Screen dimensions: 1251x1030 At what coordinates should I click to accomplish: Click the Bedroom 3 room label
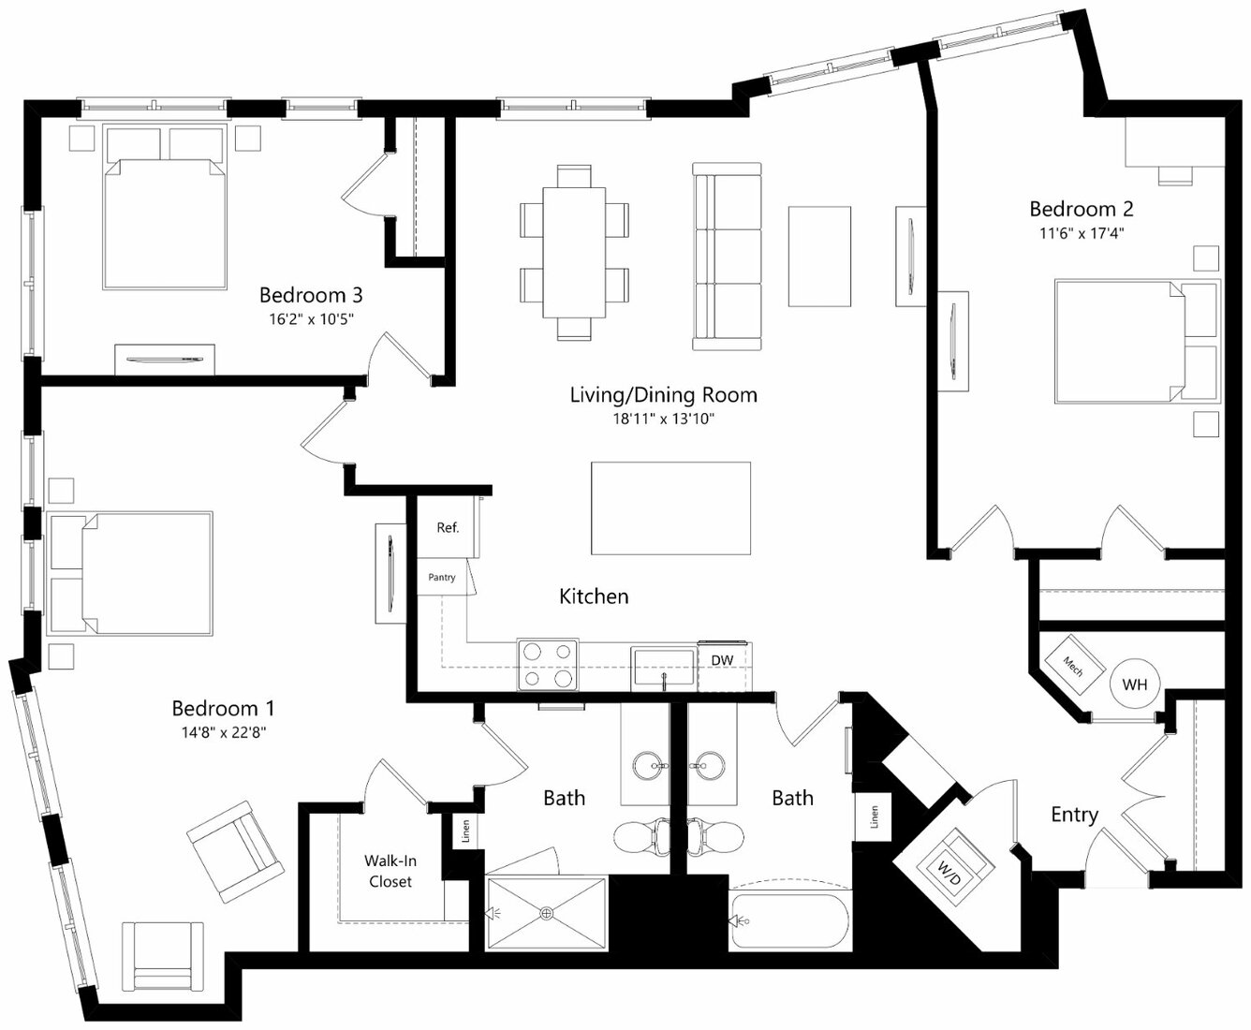coord(311,295)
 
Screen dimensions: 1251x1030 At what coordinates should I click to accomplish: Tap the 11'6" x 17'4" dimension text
coord(1082,233)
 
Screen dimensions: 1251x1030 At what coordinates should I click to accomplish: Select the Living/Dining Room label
coord(663,394)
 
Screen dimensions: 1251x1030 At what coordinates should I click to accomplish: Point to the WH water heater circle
coord(1134,684)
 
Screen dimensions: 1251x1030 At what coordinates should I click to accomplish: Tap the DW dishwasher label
coord(722,660)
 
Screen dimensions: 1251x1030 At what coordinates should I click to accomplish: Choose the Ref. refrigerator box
coord(448,528)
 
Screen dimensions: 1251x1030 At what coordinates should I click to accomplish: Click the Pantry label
coord(442,578)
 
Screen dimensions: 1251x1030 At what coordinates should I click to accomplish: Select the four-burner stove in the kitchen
coord(548,665)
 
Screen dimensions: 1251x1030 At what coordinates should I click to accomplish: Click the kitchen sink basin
coord(663,668)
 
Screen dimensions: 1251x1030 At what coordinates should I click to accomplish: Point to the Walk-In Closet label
coord(390,871)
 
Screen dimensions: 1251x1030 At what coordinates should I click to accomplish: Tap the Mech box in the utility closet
coord(1074,666)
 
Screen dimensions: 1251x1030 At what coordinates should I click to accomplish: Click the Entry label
coord(1074,815)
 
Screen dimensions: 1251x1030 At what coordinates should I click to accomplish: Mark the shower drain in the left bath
coord(547,914)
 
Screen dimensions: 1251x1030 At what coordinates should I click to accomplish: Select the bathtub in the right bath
coord(790,920)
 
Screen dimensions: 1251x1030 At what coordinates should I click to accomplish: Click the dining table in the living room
coord(574,253)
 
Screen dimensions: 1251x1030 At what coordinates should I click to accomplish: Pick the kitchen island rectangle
coord(670,508)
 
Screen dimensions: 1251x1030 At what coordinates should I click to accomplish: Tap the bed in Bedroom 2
coord(1137,342)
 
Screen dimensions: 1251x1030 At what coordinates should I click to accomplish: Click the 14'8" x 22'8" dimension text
coord(224,733)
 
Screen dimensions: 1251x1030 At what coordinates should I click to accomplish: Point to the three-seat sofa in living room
coord(727,257)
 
